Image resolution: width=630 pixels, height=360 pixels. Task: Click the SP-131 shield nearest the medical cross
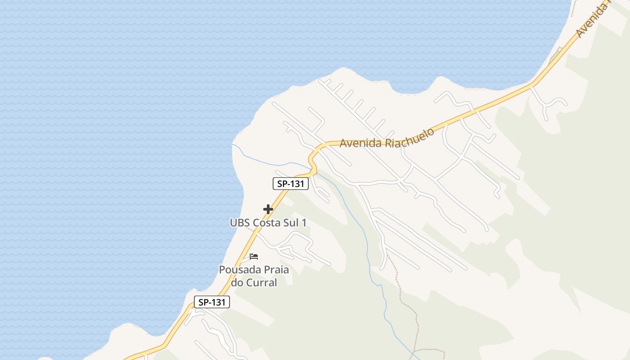pyautogui.click(x=290, y=184)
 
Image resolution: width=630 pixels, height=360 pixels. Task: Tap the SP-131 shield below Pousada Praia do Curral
pyautogui.click(x=211, y=302)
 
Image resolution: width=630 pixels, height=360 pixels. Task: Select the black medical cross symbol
pyautogui.click(x=268, y=209)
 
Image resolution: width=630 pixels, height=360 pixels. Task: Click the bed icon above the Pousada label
pyautogui.click(x=254, y=256)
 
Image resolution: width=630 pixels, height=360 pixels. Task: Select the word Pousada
pyautogui.click(x=237, y=270)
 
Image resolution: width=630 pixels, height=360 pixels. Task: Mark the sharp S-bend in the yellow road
pyautogui.click(x=312, y=160)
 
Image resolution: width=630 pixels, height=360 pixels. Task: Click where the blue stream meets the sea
pyautogui.click(x=233, y=145)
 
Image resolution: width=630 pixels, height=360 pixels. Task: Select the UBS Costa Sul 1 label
pyautogui.click(x=268, y=223)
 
